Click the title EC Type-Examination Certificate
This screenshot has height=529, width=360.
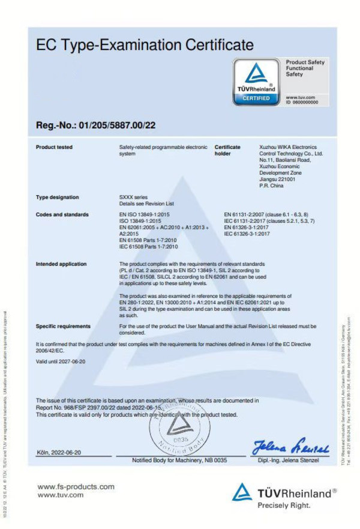pyautogui.click(x=145, y=44)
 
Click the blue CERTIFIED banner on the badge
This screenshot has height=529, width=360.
pyautogui.click(x=256, y=98)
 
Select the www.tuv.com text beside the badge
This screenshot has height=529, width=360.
pyautogui.click(x=301, y=97)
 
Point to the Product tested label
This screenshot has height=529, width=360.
pyautogui.click(x=54, y=147)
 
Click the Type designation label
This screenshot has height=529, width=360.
pyautogui.click(x=57, y=197)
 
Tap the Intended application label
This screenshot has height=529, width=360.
pyautogui.click(x=61, y=264)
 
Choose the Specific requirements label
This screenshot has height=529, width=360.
pyautogui.click(x=63, y=326)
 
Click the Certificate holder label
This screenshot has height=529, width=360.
pyautogui.click(x=227, y=150)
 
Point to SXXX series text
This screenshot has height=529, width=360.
pyautogui.click(x=134, y=197)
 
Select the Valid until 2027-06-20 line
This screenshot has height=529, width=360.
pyautogui.click(x=61, y=361)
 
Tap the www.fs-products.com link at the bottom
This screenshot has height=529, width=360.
pyautogui.click(x=76, y=486)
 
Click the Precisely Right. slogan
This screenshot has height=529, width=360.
pyautogui.click(x=285, y=506)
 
